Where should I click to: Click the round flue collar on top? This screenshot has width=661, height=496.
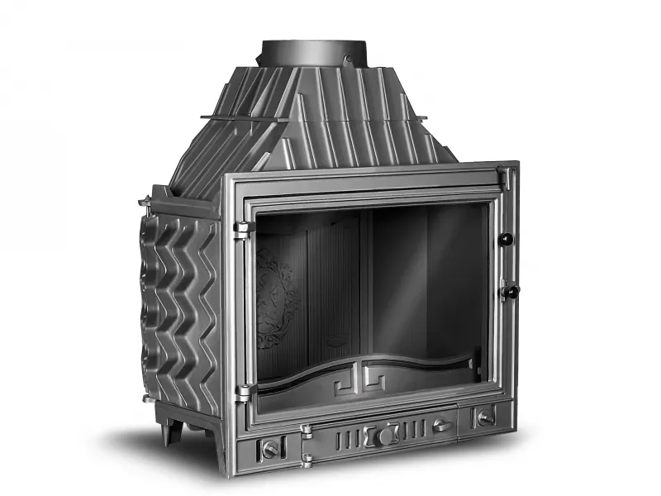point(307,52)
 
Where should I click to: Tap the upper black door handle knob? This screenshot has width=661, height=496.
point(507,239)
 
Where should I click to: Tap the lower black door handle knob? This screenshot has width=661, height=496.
point(511,291)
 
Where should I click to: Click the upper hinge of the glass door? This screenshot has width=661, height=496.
point(242,229)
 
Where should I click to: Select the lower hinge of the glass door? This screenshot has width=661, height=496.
point(243,392)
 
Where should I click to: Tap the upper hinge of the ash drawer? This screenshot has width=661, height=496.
point(307,432)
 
